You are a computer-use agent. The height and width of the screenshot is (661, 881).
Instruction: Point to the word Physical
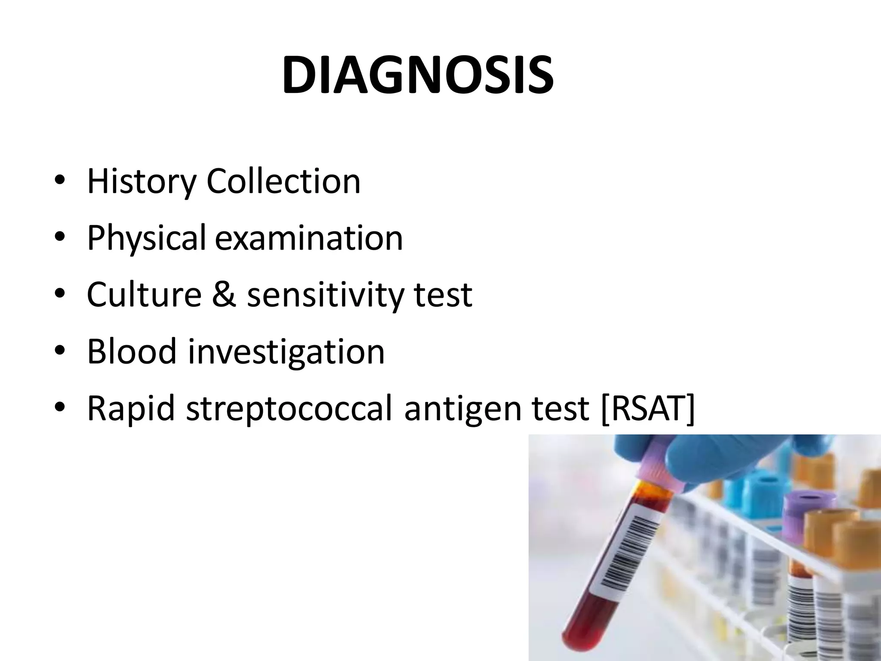point(146,238)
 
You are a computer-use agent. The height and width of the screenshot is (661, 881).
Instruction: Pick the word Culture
point(144,294)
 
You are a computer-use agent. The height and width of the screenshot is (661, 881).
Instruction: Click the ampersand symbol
point(224,294)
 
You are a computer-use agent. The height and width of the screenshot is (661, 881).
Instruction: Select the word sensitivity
point(325,295)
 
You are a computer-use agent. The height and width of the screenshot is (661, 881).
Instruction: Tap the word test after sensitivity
point(443,295)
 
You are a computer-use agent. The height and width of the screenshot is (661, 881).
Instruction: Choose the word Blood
point(132,351)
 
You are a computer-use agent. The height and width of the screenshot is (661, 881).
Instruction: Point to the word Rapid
point(131,408)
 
